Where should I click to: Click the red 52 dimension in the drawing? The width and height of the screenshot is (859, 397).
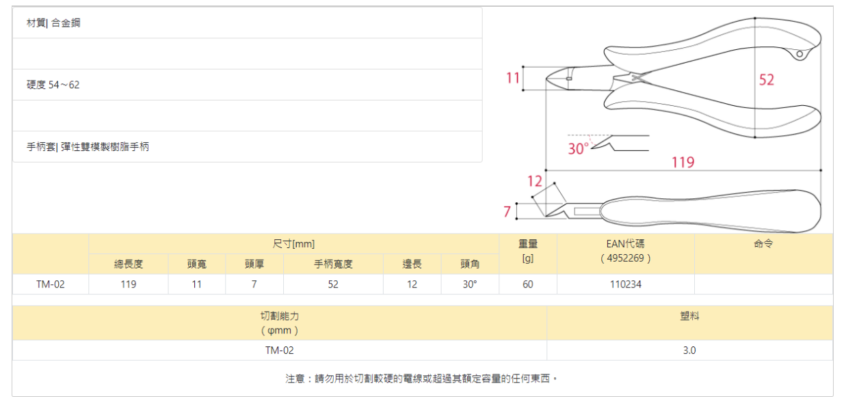[x=767, y=80]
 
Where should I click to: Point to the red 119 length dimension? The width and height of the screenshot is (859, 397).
[x=683, y=162]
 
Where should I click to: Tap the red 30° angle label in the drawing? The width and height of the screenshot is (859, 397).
[x=578, y=148]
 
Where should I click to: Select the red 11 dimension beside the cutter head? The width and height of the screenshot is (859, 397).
[x=513, y=78]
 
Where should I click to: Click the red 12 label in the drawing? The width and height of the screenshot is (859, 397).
[x=534, y=181]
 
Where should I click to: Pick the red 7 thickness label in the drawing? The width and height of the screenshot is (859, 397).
[x=507, y=212]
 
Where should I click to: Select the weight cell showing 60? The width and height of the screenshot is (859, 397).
[x=528, y=284]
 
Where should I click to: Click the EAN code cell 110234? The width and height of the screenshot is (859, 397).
[x=626, y=284]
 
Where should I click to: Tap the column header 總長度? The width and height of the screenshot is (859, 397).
[x=129, y=264]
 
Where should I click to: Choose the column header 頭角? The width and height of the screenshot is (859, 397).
[x=469, y=264]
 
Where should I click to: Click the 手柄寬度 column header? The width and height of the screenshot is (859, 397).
[x=333, y=264]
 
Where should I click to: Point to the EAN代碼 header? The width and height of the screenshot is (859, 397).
[x=626, y=243]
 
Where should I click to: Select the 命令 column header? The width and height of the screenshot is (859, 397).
[x=763, y=243]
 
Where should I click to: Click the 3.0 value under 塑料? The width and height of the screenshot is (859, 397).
[x=689, y=351]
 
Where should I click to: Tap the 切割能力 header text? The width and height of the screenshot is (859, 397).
[x=280, y=316]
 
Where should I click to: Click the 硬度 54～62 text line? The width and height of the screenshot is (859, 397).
[x=53, y=85]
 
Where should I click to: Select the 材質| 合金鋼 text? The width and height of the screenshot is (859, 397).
[x=53, y=23]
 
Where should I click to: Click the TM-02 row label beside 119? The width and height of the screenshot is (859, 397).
[x=51, y=284]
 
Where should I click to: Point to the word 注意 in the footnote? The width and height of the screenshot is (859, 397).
[x=295, y=378]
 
